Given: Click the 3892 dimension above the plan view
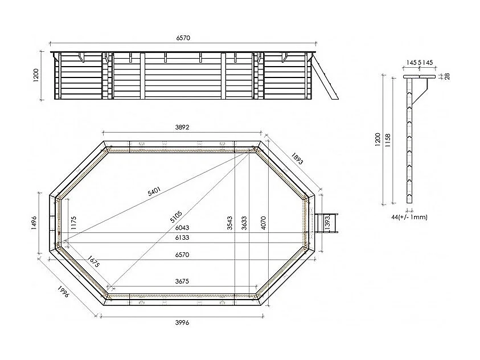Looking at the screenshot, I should click(182, 128).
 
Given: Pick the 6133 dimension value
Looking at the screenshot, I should click(182, 237).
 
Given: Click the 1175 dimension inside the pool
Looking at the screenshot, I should click(73, 222).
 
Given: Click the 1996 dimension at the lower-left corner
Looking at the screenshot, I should click(64, 294).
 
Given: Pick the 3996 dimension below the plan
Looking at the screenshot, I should click(182, 322).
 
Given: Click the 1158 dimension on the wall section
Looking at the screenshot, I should click(387, 140).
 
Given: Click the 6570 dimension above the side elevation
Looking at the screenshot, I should click(182, 38).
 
